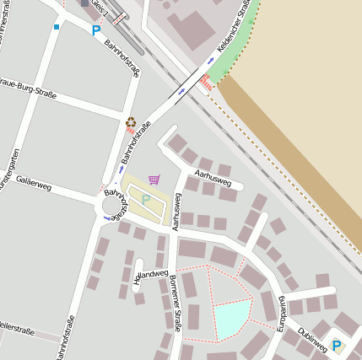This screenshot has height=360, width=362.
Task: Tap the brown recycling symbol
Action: (x=131, y=122)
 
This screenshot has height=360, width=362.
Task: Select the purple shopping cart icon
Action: (x=154, y=180)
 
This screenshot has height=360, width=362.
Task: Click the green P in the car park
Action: (x=146, y=199)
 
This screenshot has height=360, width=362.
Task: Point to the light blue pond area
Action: (x=233, y=319)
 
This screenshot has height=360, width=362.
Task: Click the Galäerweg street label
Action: (x=35, y=183)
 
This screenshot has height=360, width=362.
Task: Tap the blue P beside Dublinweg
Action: (x=338, y=345)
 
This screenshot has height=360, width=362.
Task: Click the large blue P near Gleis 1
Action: (x=96, y=30)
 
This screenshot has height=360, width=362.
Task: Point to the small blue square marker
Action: (x=57, y=27)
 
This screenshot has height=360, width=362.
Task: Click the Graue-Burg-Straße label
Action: (x=28, y=90)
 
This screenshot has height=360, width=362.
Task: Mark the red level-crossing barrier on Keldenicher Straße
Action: (x=204, y=83)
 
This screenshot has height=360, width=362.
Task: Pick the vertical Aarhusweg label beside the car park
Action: (x=177, y=212)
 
